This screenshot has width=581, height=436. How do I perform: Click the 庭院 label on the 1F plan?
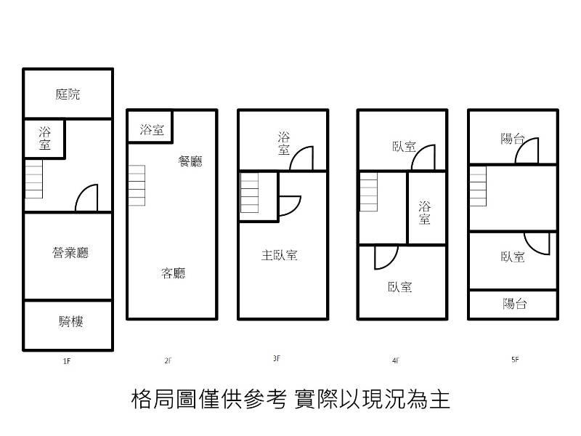pos(68,94)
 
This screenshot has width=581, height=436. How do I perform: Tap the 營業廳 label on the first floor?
pos(70,253)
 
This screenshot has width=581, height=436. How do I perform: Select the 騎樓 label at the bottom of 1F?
pos(70,320)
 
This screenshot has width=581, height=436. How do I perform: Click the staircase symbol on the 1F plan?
pos(34,179)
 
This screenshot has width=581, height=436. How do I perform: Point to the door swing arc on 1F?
pos(87,198)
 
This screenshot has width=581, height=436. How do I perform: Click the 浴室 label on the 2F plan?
pos(152,131)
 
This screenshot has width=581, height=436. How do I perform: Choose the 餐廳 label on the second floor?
pos(190,161)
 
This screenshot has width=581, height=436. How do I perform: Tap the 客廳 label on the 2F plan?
pos(173,273)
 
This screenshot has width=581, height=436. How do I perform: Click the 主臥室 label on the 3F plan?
pos(280,255)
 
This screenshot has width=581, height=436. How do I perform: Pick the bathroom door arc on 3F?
pos(302,158)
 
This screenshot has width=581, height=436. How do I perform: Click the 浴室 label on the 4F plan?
pos(425,213)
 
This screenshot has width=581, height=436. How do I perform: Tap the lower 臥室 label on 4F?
pos(399,286)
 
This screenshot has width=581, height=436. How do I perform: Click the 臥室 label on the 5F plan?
pos(513,257)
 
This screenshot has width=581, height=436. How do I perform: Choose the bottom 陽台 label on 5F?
pos(514,304)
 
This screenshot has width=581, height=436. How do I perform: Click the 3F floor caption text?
pos(277,358)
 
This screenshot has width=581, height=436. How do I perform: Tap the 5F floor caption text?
pos(515,358)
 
